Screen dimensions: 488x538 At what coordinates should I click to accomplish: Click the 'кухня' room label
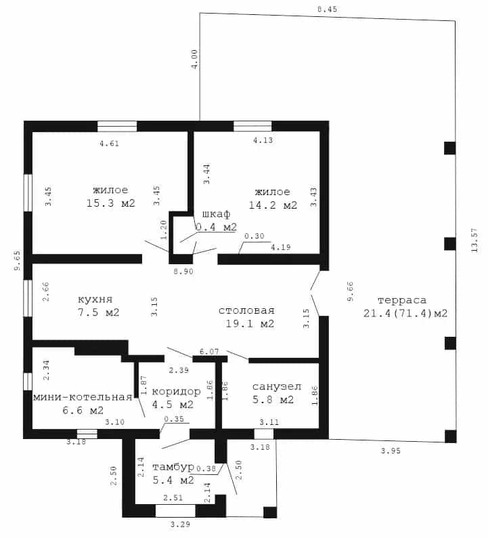click(x=95, y=299)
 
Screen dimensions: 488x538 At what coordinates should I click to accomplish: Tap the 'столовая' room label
click(x=247, y=310)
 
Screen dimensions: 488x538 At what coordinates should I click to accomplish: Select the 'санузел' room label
click(x=277, y=387)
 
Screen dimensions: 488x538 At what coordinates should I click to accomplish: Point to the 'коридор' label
click(x=176, y=392)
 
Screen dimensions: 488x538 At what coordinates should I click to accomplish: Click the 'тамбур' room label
click(x=173, y=467)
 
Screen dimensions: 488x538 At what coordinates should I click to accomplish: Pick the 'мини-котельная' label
click(x=83, y=397)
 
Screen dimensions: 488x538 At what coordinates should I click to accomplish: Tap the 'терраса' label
click(x=402, y=301)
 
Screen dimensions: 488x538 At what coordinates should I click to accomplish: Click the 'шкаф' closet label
click(x=216, y=214)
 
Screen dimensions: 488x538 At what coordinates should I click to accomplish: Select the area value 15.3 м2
click(x=111, y=203)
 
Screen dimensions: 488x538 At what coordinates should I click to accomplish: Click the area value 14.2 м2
click(x=273, y=205)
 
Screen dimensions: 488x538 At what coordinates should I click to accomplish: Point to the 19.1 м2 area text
click(x=250, y=324)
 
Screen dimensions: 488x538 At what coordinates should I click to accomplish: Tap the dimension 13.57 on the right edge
click(x=474, y=240)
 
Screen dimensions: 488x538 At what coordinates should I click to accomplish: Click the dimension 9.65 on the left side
click(x=17, y=260)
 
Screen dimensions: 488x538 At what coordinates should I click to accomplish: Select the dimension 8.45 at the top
click(x=328, y=9)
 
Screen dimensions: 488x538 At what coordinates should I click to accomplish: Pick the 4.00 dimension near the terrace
click(x=194, y=60)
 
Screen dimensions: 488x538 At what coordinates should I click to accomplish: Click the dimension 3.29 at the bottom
click(x=180, y=524)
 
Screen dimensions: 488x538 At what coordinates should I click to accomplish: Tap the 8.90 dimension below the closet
click(x=183, y=272)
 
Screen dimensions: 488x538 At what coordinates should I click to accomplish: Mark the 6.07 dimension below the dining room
click(x=209, y=352)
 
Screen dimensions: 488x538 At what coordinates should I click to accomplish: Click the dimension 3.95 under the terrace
click(x=391, y=451)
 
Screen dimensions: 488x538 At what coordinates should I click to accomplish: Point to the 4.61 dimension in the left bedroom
click(x=110, y=144)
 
